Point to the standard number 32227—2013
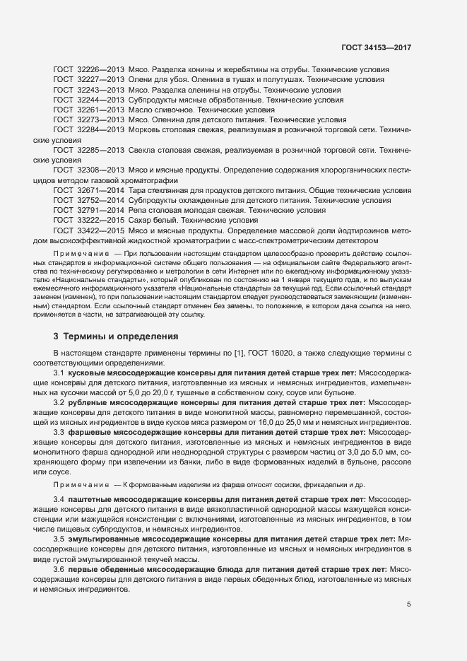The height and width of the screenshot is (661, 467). pos(100,81)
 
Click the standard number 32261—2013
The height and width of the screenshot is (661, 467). pos(100,111)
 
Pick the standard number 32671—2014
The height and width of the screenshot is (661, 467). pos(100,191)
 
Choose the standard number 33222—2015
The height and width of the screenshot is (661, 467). pos(100,221)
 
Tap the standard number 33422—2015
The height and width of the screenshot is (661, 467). pos(100,230)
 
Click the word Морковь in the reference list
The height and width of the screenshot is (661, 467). pos(144,131)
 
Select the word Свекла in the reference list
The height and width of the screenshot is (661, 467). pos(142,151)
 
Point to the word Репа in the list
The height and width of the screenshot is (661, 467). pos(138,211)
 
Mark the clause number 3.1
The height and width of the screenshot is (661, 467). pos(59,372)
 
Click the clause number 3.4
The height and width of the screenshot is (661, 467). pos(59,500)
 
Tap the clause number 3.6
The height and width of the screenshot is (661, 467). pos(59,569)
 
